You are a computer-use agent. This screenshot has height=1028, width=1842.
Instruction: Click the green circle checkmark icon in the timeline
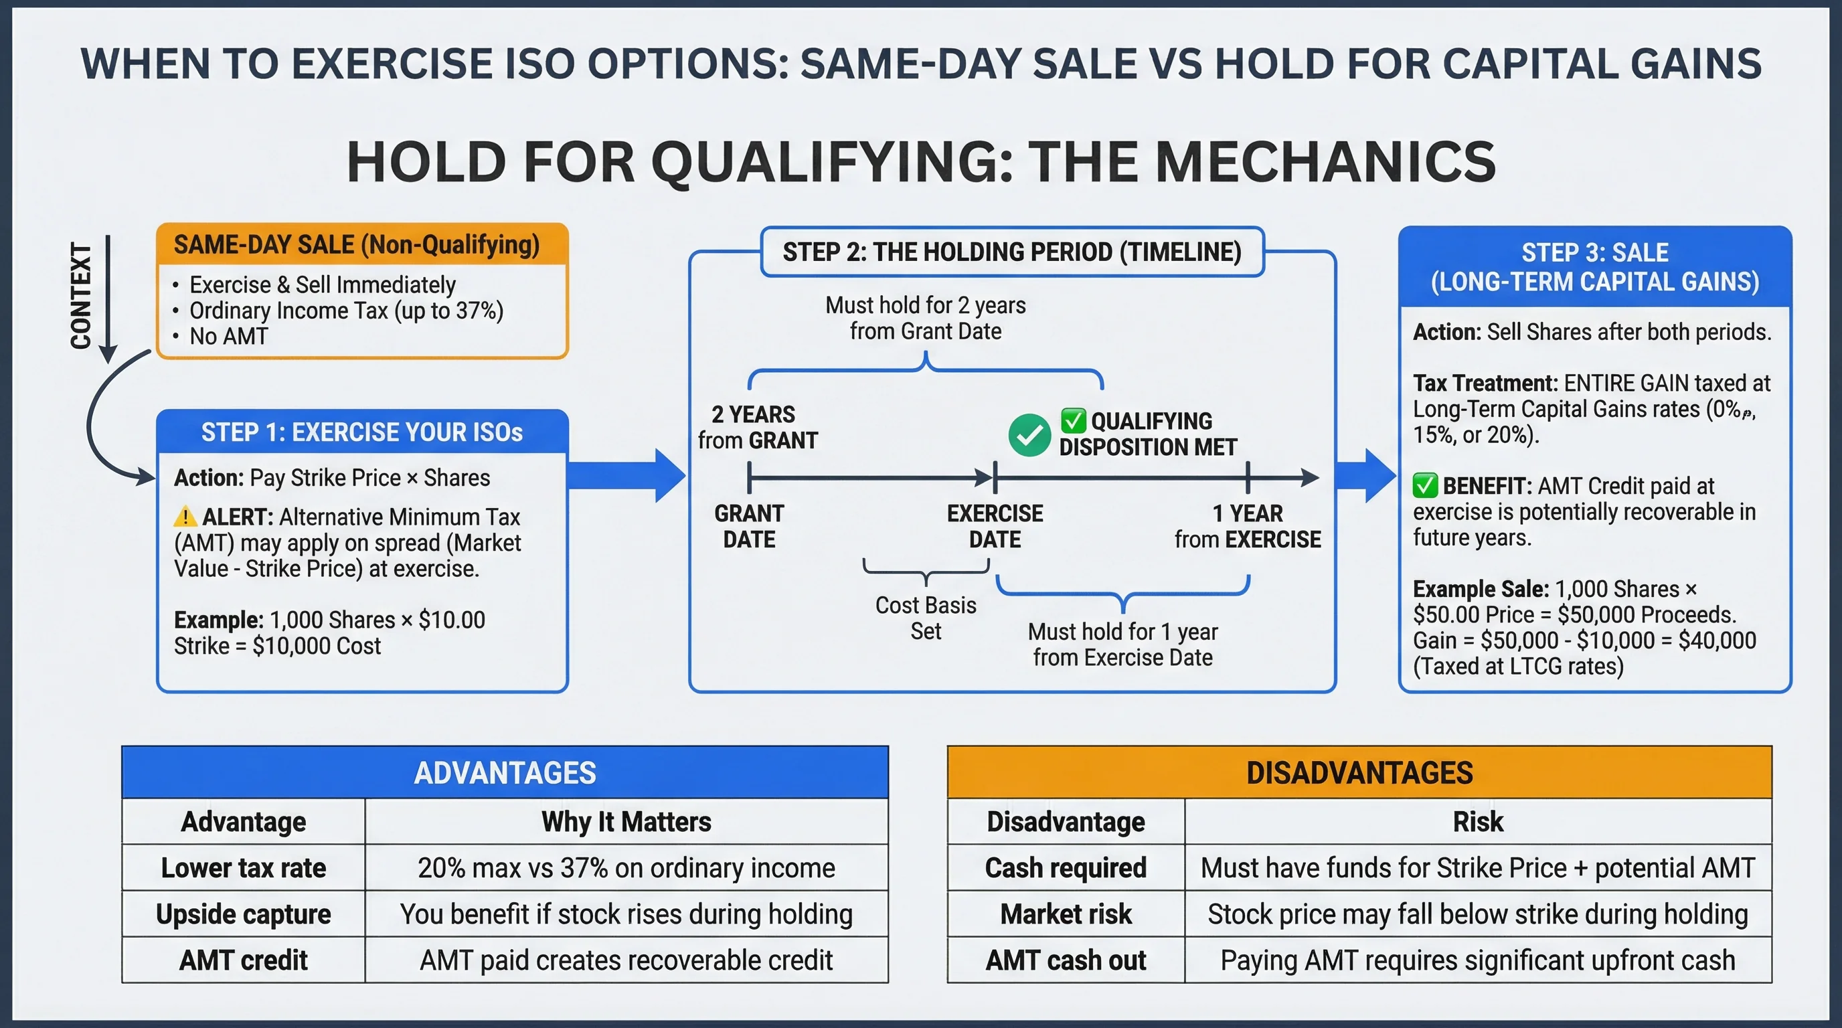point(1029,434)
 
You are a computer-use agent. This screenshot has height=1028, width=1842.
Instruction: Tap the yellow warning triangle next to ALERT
point(185,516)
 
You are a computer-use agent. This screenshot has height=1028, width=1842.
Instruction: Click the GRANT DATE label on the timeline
point(749,526)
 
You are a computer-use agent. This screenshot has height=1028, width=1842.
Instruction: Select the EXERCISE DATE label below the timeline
point(995,526)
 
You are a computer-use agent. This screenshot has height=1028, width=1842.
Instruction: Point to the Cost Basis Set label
point(925,618)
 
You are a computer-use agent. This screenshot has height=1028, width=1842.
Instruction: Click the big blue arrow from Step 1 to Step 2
point(626,475)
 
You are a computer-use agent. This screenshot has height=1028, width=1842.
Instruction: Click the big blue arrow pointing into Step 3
point(1364,475)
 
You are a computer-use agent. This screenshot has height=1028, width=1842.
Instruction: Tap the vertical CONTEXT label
point(81,296)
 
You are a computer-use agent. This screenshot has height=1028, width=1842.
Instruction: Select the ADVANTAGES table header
point(505,773)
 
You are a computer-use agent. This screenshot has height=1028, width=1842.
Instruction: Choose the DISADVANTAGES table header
point(1359,773)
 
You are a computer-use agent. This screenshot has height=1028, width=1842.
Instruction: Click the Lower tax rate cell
point(243,868)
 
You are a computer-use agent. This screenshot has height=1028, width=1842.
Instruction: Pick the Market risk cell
point(1066,914)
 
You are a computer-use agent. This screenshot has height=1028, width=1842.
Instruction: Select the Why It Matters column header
point(626,822)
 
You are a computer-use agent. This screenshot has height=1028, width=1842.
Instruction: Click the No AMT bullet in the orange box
point(228,336)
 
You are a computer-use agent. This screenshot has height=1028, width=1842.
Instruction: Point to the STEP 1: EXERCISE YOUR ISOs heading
point(362,432)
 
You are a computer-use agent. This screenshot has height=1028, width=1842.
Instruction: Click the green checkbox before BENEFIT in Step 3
point(1424,485)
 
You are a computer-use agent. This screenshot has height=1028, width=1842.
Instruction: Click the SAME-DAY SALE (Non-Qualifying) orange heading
point(356,245)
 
